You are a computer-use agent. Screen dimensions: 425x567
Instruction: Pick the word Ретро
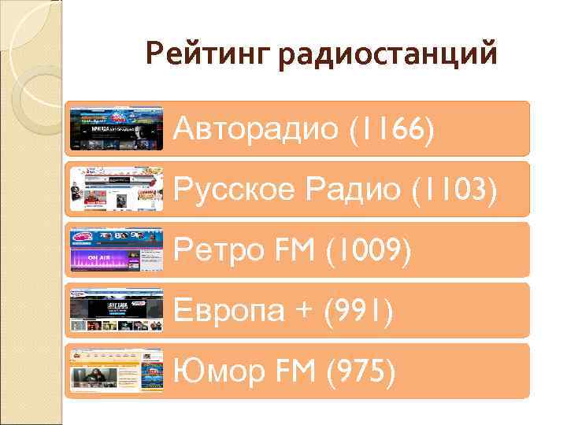click(210, 250)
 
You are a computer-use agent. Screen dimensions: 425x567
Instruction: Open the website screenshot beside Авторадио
click(117, 128)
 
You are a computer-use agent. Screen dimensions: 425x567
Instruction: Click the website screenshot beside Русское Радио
click(117, 189)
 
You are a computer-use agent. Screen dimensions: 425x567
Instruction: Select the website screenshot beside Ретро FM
click(117, 250)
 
